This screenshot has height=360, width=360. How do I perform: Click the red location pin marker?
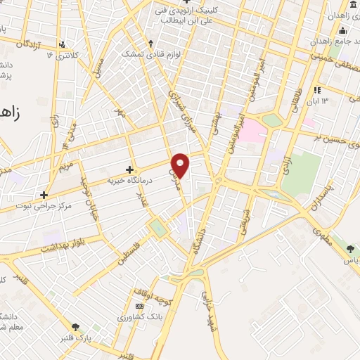pos(181,165)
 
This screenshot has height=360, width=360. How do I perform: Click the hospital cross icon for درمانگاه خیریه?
pos(129,169)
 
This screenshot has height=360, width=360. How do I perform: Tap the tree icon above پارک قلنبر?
pos(75,326)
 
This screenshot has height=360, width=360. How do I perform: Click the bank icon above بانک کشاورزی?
pos(139,307)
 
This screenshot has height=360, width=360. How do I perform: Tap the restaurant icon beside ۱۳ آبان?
pos(317,90)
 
